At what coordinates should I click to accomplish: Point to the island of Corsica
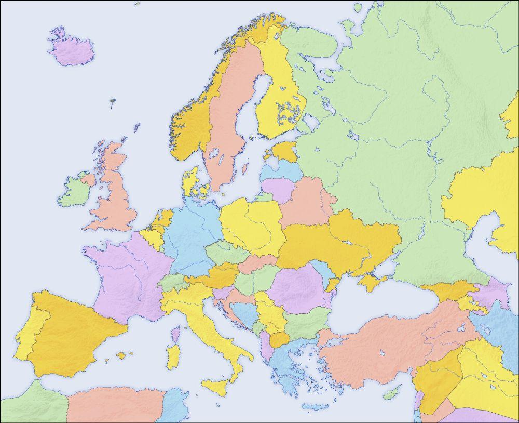[176, 332]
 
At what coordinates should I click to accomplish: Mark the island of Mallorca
[121, 356]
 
